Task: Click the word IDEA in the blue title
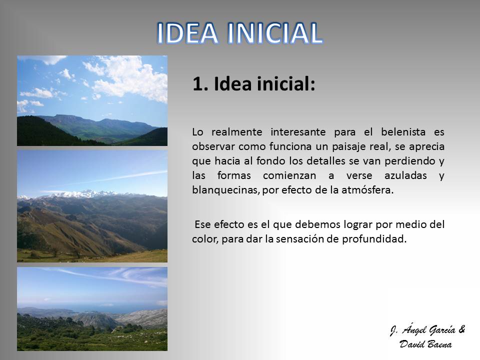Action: click(187, 33)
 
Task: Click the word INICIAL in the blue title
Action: click(275, 33)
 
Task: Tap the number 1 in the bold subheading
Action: click(198, 84)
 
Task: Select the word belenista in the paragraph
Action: click(403, 132)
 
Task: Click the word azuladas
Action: click(405, 175)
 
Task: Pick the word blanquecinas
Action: click(225, 190)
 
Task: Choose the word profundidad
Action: click(374, 239)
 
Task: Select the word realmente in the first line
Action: click(237, 132)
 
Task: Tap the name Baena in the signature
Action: click(438, 344)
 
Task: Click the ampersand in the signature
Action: click(461, 329)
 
